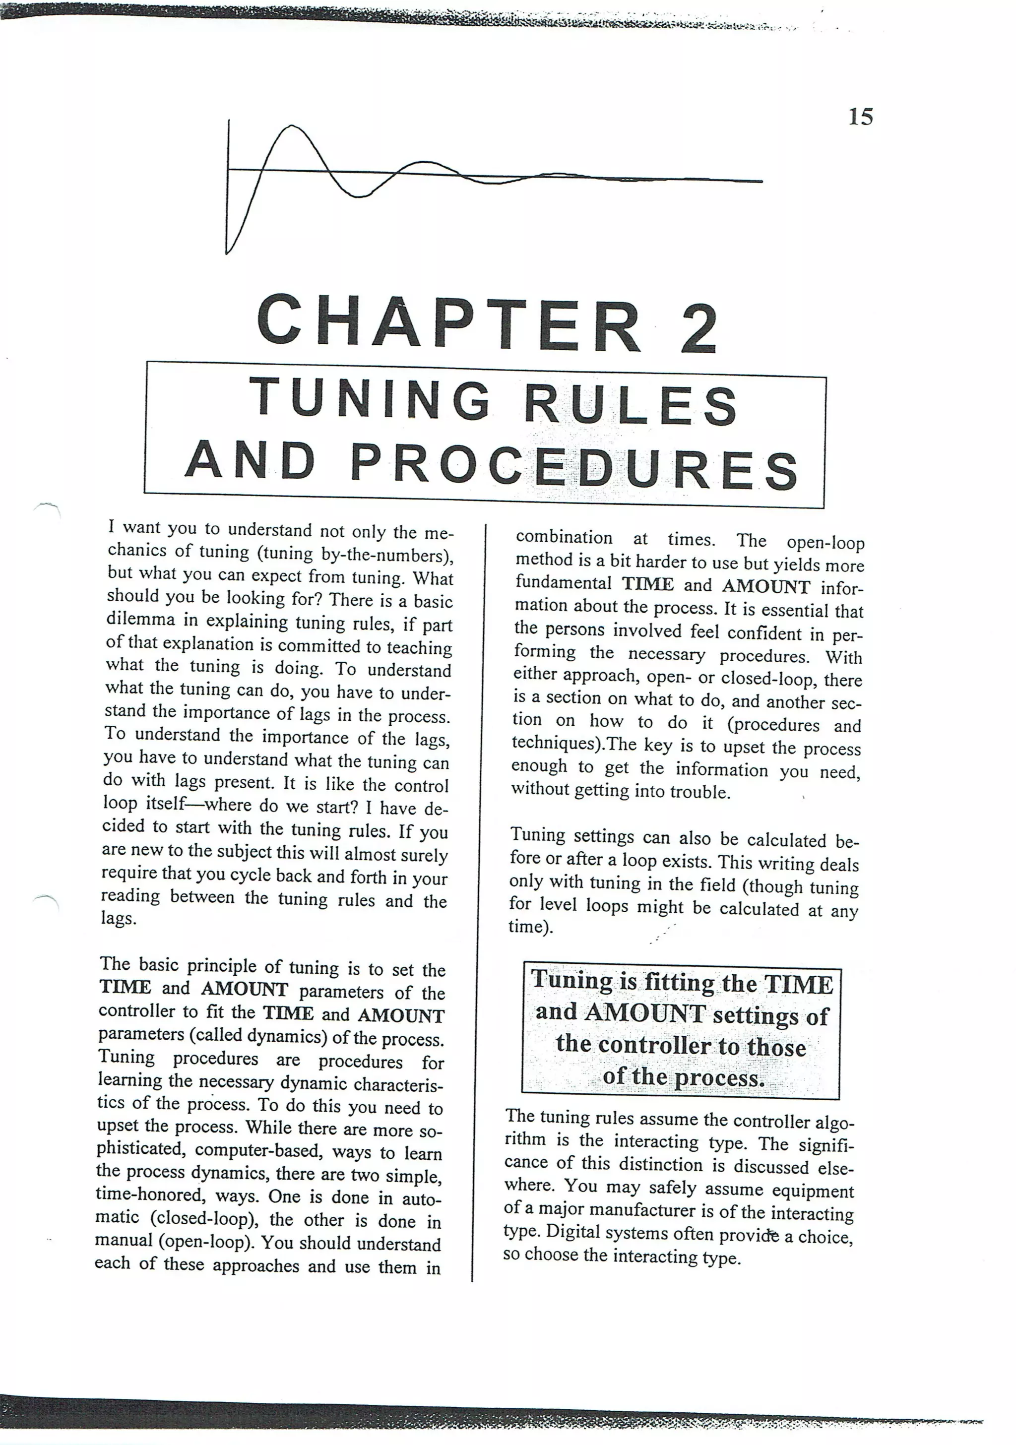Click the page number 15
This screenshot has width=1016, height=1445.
pyautogui.click(x=861, y=117)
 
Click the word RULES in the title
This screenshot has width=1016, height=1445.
pyautogui.click(x=630, y=405)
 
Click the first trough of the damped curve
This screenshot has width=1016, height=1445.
pyautogui.click(x=358, y=196)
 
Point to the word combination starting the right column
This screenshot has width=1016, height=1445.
pyautogui.click(x=564, y=538)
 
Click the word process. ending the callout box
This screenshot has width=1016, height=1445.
pyautogui.click(x=719, y=1079)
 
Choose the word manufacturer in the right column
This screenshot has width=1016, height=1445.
pyautogui.click(x=637, y=1210)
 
